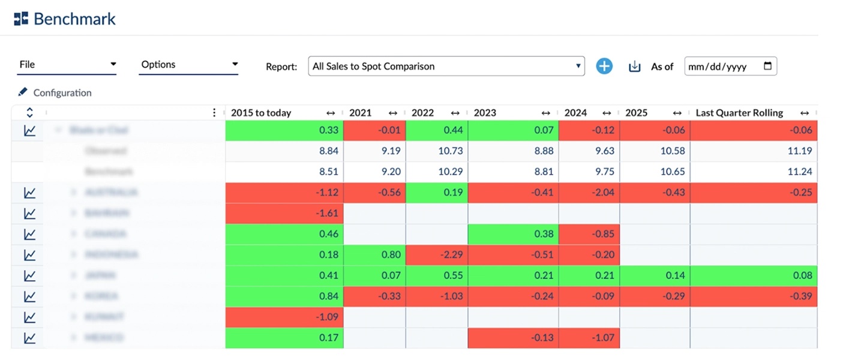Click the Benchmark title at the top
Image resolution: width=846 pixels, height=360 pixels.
(74, 19)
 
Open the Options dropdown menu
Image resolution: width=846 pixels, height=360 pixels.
(188, 65)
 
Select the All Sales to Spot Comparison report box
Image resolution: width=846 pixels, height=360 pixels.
(446, 67)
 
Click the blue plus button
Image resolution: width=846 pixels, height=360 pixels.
(604, 67)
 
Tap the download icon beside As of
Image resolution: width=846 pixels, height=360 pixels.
(634, 67)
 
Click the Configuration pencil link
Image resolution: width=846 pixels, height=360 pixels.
(55, 93)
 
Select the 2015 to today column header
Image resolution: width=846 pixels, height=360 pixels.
(261, 113)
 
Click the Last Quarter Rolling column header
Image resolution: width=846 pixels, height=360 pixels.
(739, 113)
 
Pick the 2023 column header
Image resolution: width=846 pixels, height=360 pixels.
(485, 113)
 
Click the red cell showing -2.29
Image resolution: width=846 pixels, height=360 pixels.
(436, 255)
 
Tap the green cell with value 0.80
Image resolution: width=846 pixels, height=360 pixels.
(374, 255)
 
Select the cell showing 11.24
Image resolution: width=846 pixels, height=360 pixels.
(754, 172)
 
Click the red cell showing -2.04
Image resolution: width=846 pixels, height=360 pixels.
(589, 193)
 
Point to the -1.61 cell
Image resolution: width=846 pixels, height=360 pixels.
(284, 213)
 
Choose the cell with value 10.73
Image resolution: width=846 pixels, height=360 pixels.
(436, 151)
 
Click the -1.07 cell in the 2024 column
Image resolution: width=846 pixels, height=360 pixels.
(589, 338)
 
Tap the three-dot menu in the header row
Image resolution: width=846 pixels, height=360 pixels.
(214, 113)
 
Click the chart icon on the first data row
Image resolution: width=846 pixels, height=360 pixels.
(29, 131)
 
